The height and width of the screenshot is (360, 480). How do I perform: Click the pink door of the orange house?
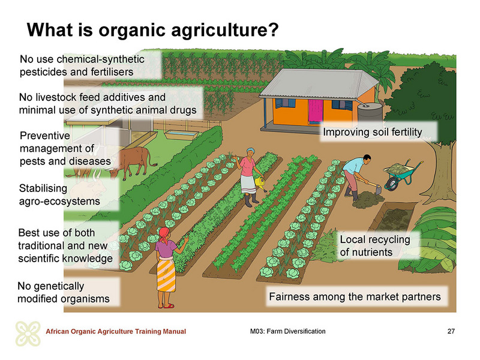[x=316, y=112]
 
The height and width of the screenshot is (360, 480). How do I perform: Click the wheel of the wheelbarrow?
[x=392, y=184]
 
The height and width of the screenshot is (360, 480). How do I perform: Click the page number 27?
[x=451, y=331]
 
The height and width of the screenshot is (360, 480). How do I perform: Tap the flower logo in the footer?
[x=28, y=334]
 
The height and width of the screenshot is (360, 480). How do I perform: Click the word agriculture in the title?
[x=218, y=31]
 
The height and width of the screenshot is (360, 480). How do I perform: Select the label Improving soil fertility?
[x=373, y=132]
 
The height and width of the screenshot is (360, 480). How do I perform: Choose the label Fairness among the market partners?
[x=355, y=296]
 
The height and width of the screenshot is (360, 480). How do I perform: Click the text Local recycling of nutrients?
[x=375, y=246]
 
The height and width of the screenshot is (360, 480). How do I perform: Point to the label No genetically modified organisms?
[x=64, y=292]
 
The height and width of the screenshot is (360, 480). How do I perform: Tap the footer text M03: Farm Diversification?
[x=288, y=331]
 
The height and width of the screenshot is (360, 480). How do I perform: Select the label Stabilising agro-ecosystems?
[x=59, y=194]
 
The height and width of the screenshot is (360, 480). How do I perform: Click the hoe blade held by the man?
[x=379, y=190]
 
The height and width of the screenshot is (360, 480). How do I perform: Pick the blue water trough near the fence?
[x=181, y=134]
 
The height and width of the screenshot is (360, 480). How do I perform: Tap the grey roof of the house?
[x=319, y=83]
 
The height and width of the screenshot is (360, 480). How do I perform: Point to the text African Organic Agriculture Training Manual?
[x=116, y=332]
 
